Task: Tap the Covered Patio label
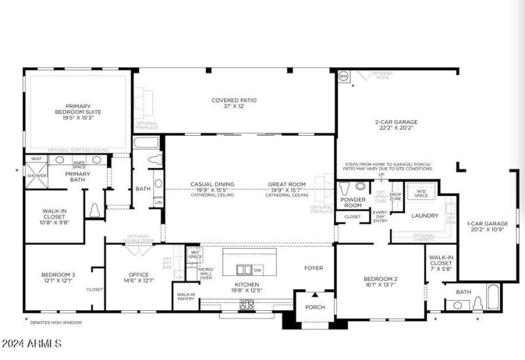point(234,100)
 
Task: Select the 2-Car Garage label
point(396,121)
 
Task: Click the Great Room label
point(286,184)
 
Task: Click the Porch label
point(315,307)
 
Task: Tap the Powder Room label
point(353,201)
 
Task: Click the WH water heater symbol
point(343,76)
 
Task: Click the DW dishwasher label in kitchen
point(258,270)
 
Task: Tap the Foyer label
point(314,268)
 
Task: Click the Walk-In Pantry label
point(186,296)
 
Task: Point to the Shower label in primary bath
point(35,176)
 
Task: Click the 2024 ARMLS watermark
point(31,343)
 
